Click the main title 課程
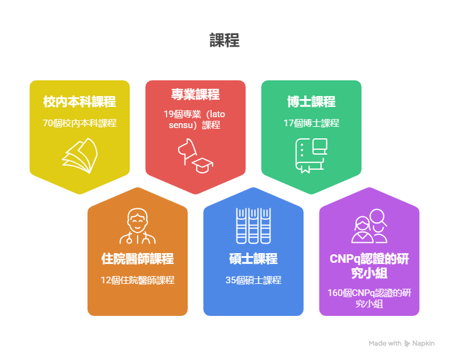click(224, 40)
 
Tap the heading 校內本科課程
click(80, 101)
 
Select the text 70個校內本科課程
click(80, 123)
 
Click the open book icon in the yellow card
click(80, 156)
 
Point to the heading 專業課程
click(196, 94)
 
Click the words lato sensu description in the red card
click(194, 120)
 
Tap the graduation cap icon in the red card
click(202, 166)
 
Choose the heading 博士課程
click(311, 101)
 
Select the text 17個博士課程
click(311, 123)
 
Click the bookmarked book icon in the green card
click(311, 156)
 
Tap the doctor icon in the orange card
click(138, 226)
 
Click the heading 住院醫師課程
click(138, 259)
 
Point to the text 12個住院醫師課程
click(138, 280)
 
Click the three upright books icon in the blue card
click(253, 226)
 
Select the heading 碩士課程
click(253, 259)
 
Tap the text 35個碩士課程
click(253, 280)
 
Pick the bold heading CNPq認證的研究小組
click(369, 266)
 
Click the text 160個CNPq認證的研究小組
click(369, 298)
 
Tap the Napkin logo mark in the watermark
click(407, 343)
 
